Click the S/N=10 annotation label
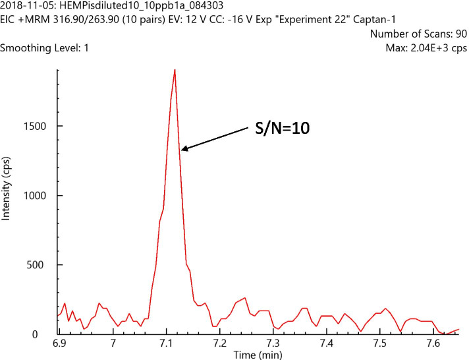point(283,129)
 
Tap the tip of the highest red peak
point(175,69)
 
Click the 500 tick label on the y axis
point(40,265)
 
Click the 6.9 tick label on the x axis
point(59,344)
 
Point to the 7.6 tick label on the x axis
point(433,344)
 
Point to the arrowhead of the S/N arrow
point(182,150)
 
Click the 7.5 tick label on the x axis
point(379,344)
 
